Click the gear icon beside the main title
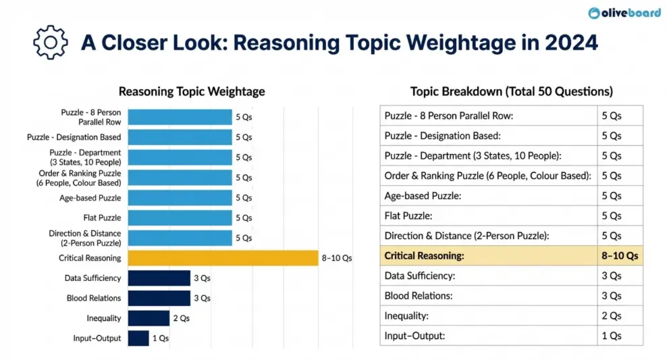51,43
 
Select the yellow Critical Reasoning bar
223,258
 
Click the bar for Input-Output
138,338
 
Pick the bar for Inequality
149,318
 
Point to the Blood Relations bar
159,298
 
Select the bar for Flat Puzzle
180,217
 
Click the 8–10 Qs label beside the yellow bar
337,258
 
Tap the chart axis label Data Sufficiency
92,278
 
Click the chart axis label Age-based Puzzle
90,198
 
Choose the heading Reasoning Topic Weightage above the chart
192,91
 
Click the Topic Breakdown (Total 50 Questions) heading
511,91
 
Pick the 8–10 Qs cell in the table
619,256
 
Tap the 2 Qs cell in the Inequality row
619,316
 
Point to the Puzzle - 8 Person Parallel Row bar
180,117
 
